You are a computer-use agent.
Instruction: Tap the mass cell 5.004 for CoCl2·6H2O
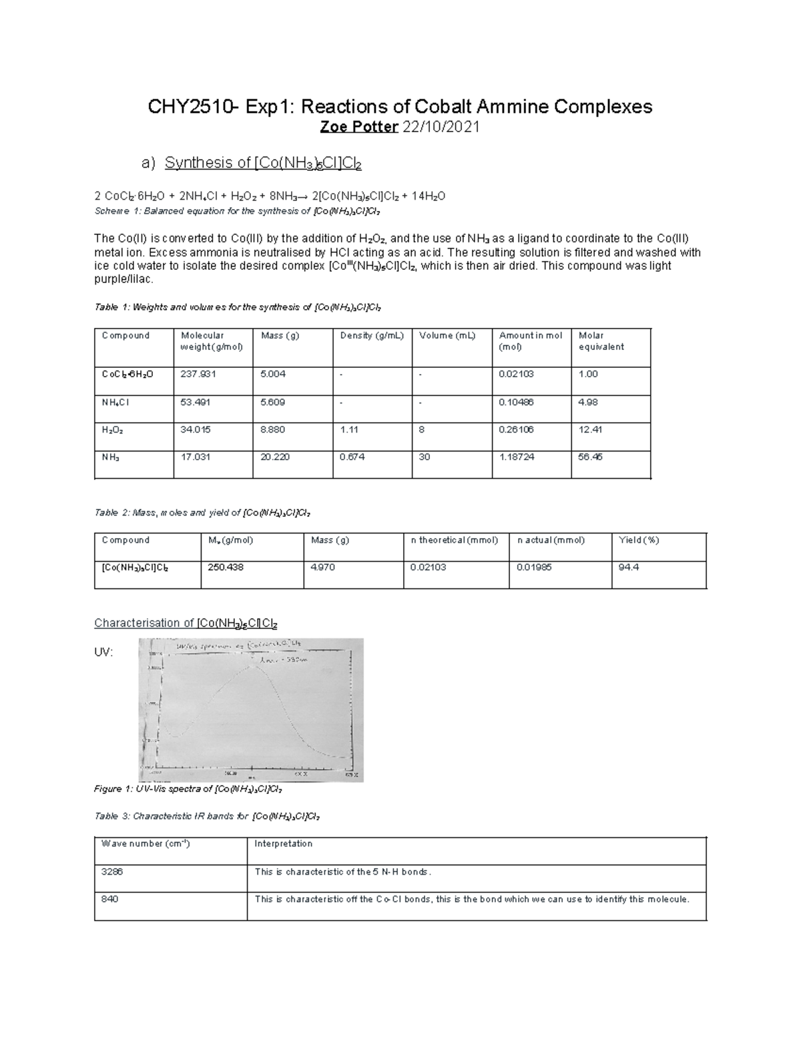[273, 374]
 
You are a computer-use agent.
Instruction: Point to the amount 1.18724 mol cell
[517, 457]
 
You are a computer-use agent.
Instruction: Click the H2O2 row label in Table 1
[112, 430]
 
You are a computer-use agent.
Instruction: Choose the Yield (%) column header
[639, 540]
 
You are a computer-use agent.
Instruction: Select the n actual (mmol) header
[551, 540]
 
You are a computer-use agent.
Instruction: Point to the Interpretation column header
[283, 844]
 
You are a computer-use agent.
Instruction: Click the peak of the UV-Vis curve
[252, 665]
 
